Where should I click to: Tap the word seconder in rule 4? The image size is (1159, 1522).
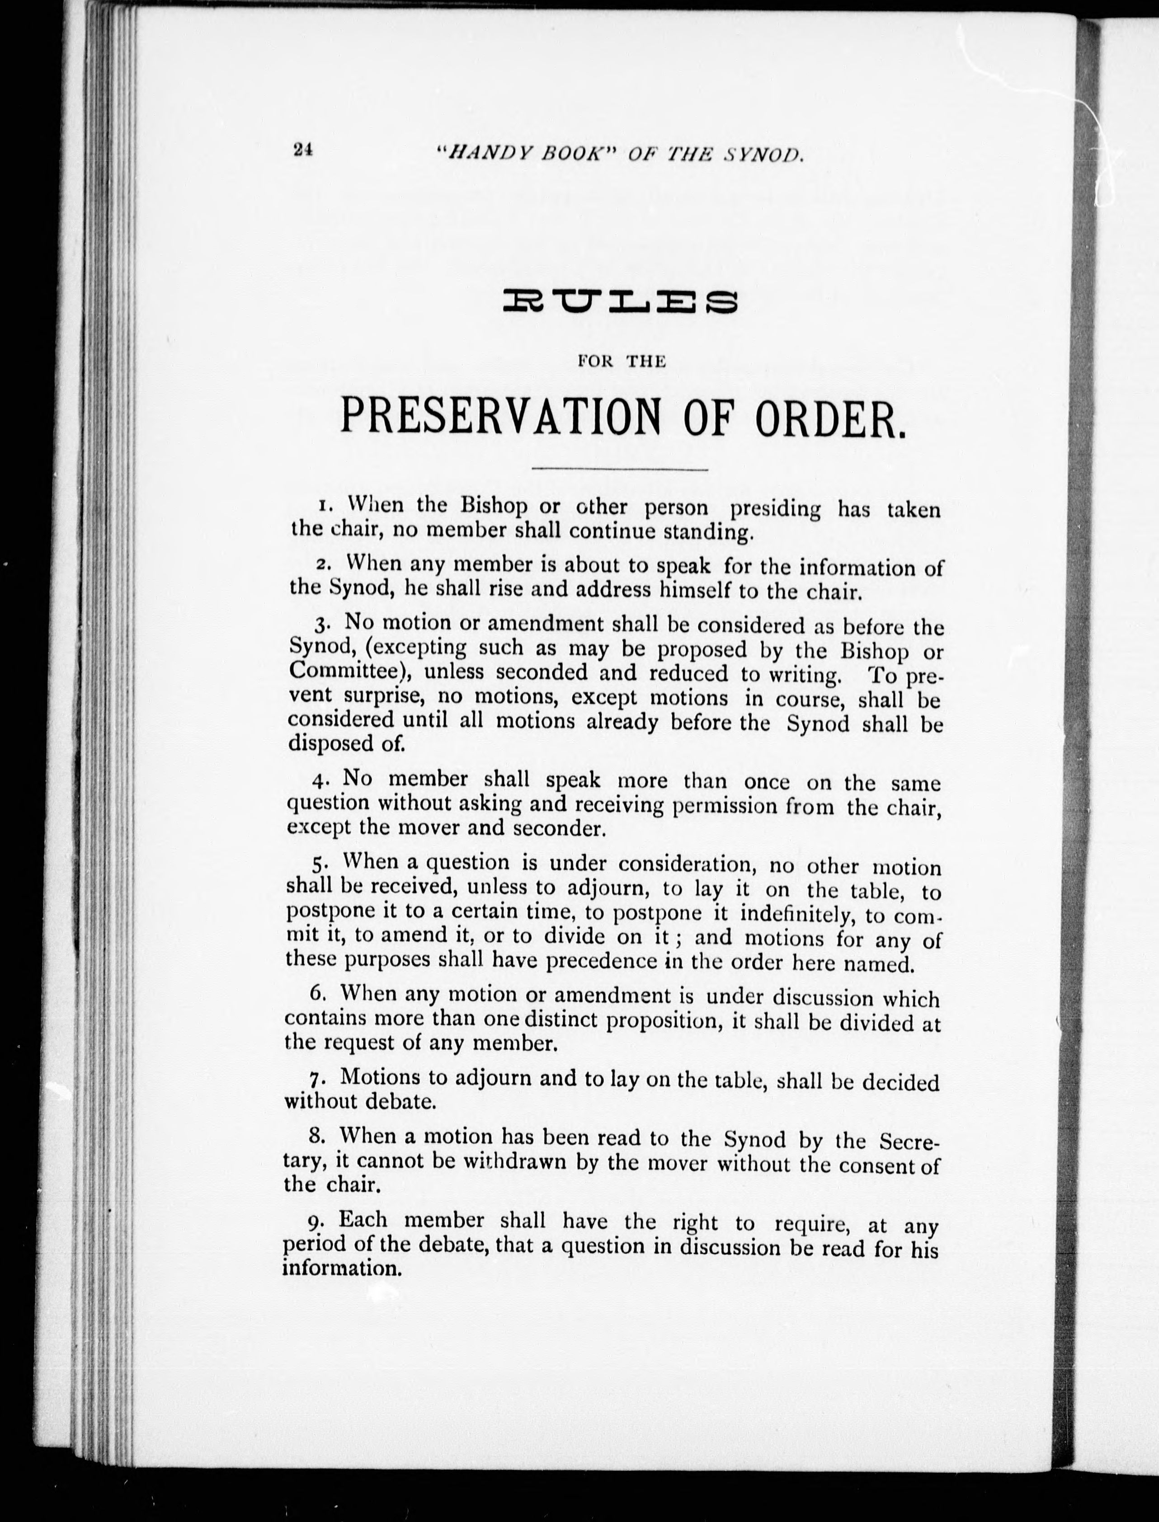(x=558, y=829)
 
